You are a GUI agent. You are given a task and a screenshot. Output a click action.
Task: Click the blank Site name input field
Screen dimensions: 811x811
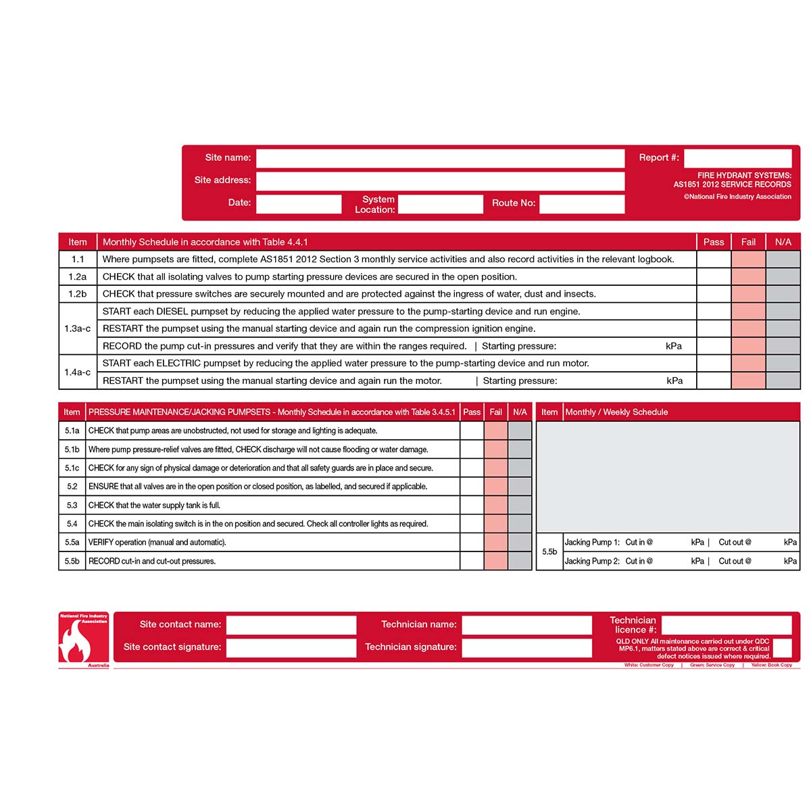440,158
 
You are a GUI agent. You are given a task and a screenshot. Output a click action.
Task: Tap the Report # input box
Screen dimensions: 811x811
737,158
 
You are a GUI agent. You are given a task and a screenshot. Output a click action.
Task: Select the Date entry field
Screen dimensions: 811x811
299,203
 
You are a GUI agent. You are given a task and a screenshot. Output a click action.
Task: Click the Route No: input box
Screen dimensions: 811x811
582,203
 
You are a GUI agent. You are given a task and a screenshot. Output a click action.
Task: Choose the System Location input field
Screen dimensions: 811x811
441,204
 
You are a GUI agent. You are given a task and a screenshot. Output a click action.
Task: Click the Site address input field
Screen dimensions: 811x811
440,181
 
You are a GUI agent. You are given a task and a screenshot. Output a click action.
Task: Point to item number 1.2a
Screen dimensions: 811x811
78,276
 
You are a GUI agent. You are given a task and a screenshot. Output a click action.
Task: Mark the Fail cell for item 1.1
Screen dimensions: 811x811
748,259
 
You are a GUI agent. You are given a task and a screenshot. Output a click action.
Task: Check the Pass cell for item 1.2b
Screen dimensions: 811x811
714,294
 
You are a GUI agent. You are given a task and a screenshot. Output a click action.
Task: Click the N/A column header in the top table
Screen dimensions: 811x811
783,242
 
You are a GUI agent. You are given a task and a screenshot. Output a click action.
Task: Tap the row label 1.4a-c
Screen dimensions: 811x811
78,372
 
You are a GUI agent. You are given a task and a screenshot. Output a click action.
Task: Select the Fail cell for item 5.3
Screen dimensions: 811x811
495,505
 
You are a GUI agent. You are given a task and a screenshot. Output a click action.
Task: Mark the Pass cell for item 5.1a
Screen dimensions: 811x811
472,431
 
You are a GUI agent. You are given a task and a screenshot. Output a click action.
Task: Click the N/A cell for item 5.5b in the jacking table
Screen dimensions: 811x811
520,561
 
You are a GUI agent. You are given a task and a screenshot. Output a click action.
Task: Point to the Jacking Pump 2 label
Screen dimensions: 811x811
592,561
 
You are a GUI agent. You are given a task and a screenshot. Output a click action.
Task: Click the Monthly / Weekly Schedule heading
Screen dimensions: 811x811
616,412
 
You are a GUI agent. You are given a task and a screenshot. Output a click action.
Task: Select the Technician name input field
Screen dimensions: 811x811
526,625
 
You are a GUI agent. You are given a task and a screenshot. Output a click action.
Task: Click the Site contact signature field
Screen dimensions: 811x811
291,647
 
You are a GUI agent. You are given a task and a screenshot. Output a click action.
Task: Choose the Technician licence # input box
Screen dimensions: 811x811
727,625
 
